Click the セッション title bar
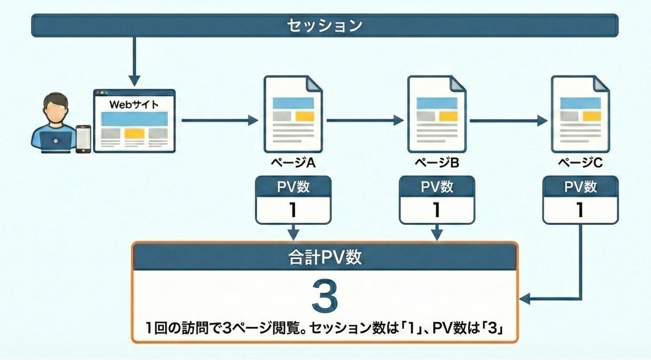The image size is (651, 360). (325, 26)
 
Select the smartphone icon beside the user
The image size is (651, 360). (83, 138)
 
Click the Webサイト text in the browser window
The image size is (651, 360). (133, 104)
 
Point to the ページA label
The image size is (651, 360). (293, 163)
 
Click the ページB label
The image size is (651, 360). (436, 163)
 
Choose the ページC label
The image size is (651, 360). (579, 163)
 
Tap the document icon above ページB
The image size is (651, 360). (436, 114)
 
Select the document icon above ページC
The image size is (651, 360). (579, 114)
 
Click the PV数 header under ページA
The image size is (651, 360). (293, 187)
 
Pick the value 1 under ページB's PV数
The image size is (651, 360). (436, 210)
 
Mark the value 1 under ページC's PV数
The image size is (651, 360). (579, 210)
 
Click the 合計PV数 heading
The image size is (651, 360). (325, 257)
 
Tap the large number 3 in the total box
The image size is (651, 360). (324, 296)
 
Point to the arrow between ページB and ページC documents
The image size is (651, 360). (508, 121)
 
